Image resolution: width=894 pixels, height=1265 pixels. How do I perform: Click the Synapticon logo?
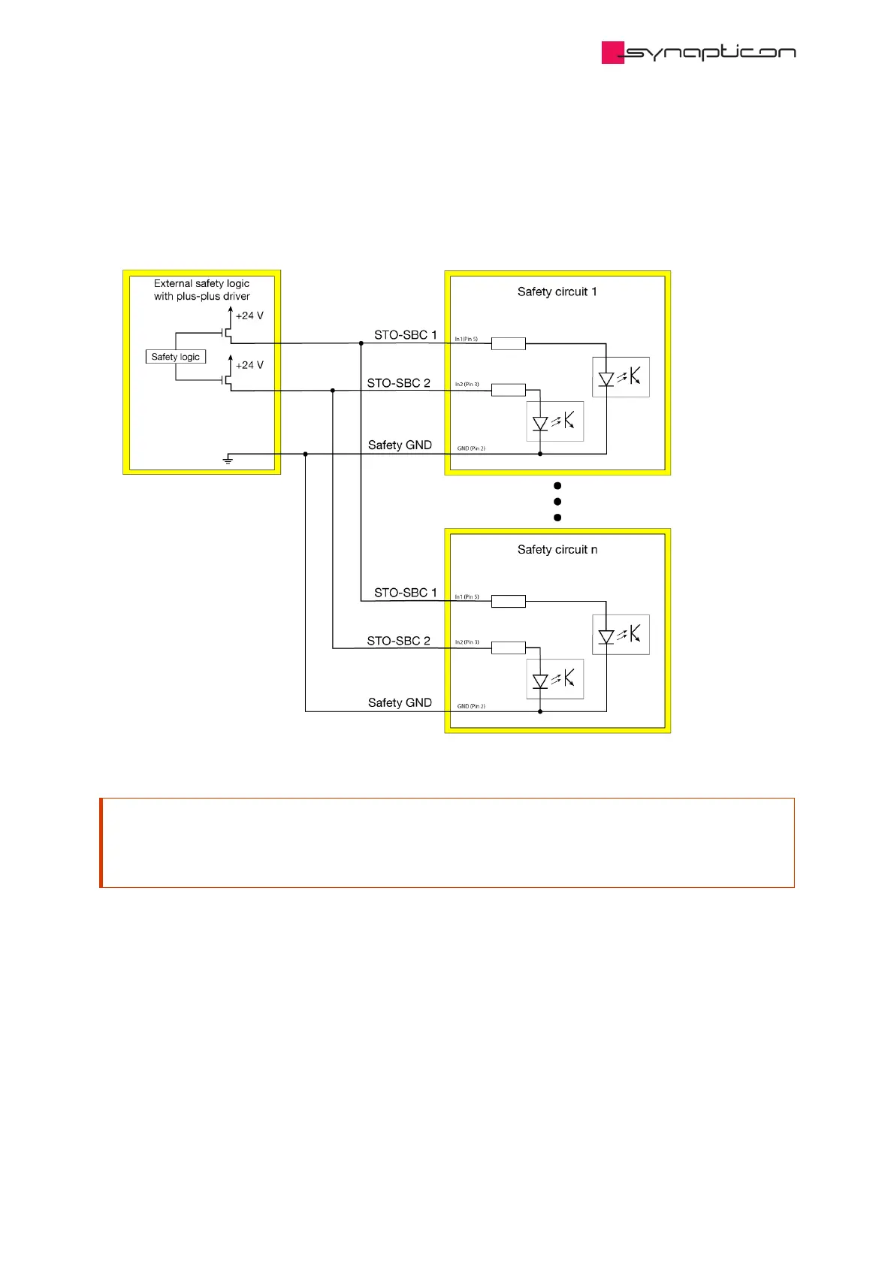tap(698, 53)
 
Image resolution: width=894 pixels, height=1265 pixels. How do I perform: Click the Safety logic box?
tap(175, 357)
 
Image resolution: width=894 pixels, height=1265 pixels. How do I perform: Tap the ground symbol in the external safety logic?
tap(228, 458)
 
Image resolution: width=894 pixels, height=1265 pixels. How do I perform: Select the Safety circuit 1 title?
tap(557, 291)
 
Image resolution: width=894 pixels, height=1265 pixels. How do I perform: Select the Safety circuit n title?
tap(557, 549)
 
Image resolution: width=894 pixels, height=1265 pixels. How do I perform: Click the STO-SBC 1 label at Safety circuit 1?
tap(405, 335)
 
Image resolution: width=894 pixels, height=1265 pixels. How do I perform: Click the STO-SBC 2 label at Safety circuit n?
tap(398, 641)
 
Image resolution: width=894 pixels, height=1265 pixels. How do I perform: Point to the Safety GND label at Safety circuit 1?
tap(400, 445)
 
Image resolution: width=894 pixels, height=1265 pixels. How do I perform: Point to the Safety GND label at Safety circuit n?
tap(400, 702)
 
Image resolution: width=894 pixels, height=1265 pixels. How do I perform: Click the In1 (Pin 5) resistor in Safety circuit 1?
tap(508, 344)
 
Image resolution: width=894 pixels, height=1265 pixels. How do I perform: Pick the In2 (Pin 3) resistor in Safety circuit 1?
tap(508, 390)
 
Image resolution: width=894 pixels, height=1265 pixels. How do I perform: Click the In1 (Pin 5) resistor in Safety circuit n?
tap(508, 601)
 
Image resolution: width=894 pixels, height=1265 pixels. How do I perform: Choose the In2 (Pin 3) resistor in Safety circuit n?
tap(508, 648)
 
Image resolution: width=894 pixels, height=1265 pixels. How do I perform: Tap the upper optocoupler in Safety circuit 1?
tap(621, 377)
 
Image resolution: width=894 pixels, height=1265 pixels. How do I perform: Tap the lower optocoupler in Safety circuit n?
tap(555, 679)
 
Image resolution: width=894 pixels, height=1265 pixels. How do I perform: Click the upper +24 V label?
tap(249, 315)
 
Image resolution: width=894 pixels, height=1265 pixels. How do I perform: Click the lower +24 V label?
tap(249, 365)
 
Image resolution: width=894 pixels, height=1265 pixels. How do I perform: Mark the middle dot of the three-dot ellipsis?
tap(557, 502)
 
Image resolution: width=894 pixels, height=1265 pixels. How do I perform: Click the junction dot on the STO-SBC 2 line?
tap(333, 391)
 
